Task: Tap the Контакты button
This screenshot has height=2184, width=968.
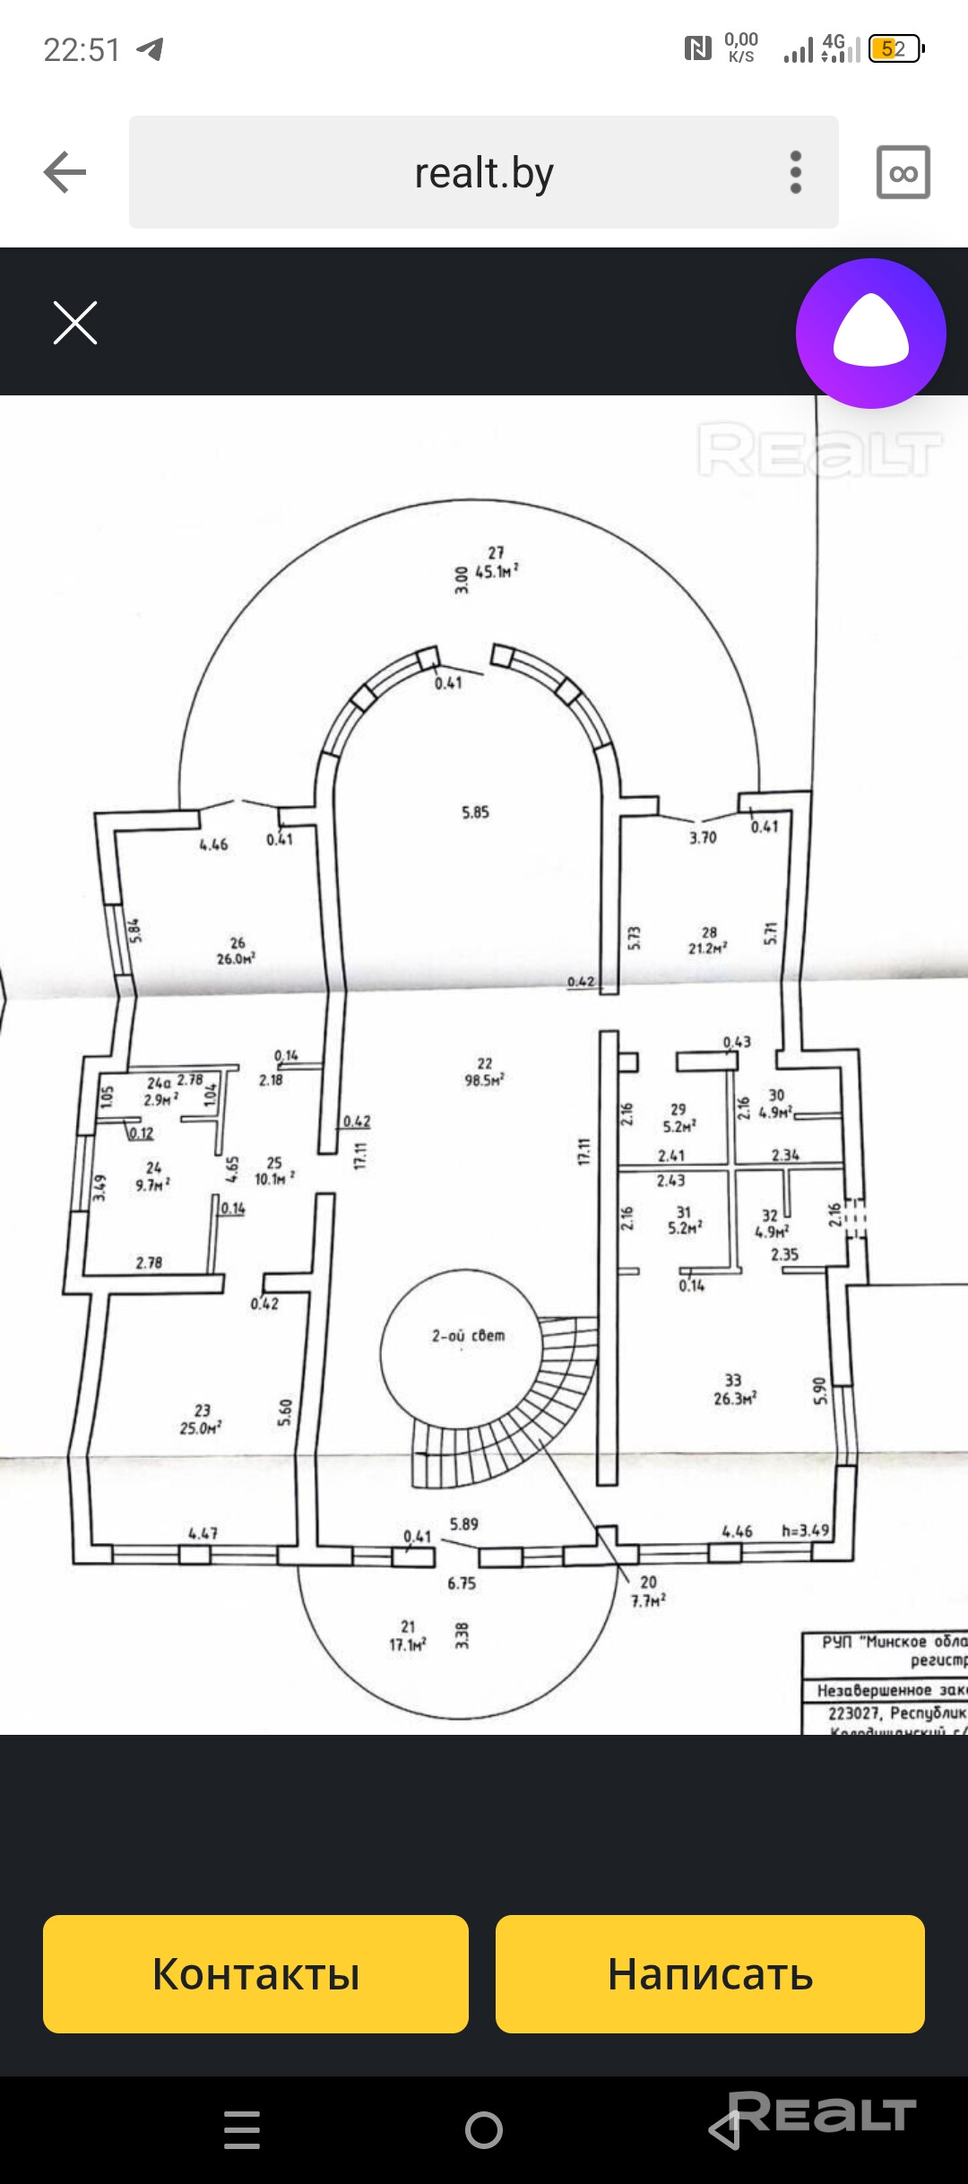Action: point(255,1973)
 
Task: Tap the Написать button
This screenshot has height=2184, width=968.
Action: point(710,1973)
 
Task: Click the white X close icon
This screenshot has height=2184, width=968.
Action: point(75,323)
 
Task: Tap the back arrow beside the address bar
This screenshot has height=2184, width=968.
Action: point(65,172)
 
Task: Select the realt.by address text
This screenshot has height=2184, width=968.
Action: point(484,172)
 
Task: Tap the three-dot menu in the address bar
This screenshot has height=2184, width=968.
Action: point(795,172)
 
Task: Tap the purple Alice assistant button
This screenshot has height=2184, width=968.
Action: point(870,334)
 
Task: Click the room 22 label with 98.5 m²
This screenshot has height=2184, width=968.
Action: point(484,1071)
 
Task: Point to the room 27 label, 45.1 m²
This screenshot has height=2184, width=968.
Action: point(496,562)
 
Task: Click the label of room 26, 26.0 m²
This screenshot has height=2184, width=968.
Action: point(236,950)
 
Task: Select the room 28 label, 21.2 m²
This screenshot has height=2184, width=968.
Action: point(708,940)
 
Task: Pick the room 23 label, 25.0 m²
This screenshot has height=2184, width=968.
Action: point(201,1419)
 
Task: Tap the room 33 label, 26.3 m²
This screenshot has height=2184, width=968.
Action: point(735,1390)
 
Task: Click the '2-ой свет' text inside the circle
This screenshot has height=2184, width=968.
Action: point(468,1336)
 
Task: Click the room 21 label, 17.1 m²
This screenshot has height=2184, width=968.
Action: point(408,1635)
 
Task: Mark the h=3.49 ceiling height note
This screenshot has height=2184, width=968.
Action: point(806,1530)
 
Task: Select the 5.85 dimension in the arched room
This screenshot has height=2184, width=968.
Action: point(475,812)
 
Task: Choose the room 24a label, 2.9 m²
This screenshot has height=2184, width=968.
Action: point(161,1091)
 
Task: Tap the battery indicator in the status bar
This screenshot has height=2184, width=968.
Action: point(895,48)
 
